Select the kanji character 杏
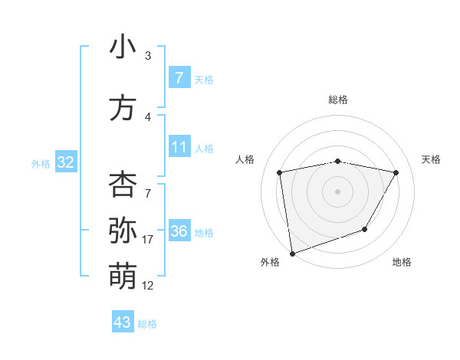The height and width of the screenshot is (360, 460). (x=123, y=185)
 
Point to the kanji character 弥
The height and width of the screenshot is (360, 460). (x=123, y=229)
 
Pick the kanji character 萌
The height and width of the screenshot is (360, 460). (x=123, y=273)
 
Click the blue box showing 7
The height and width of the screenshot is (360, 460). (x=179, y=78)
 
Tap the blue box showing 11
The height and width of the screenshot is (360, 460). (x=179, y=147)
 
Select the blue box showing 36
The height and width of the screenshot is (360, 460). (x=179, y=231)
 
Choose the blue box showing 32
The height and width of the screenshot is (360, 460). (x=65, y=162)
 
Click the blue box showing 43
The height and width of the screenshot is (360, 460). (x=123, y=322)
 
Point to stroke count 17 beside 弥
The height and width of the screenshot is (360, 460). (x=148, y=240)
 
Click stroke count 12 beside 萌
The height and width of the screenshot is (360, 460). (x=148, y=285)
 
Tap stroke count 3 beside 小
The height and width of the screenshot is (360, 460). (x=148, y=56)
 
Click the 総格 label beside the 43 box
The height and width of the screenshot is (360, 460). (x=147, y=324)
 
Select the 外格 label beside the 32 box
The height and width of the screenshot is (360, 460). (x=41, y=163)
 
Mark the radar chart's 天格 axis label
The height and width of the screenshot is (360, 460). (x=432, y=159)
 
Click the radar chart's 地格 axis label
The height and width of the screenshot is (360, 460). (x=402, y=262)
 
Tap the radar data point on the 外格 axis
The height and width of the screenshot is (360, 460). (x=291, y=252)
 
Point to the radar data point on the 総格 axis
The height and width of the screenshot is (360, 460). (x=337, y=161)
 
